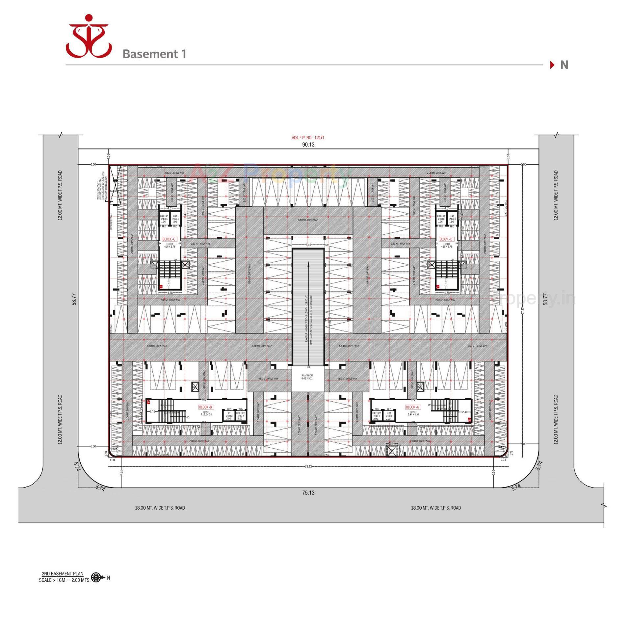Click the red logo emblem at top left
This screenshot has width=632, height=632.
[x=89, y=36]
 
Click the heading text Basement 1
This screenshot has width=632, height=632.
[x=154, y=54]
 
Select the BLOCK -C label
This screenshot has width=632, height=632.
[x=169, y=239]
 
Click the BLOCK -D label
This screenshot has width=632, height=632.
[x=446, y=239]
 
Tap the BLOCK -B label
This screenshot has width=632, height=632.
[x=206, y=407]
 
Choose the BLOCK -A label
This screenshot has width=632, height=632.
[x=413, y=407]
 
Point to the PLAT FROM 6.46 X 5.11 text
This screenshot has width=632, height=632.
[x=307, y=377]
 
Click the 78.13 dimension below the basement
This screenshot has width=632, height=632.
[x=308, y=466]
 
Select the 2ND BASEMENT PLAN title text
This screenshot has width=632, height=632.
[x=63, y=574]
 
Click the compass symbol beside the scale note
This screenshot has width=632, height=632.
[x=96, y=577]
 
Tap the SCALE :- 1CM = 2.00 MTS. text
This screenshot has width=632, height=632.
[x=65, y=580]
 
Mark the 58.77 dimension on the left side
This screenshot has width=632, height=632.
[x=74, y=299]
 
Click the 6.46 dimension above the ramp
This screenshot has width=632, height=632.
[x=308, y=245]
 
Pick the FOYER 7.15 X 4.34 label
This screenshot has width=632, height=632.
[x=206, y=413]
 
